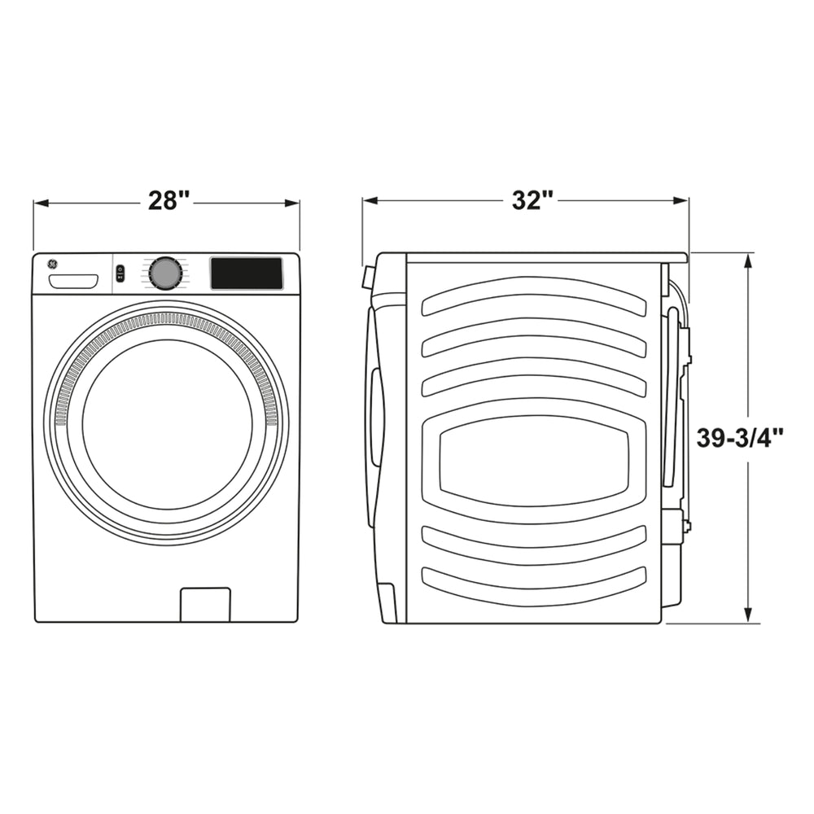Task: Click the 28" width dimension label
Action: [168, 200]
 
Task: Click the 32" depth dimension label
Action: [532, 200]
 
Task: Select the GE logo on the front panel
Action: [51, 265]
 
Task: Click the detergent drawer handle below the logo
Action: [73, 282]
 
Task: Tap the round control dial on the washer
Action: [165, 274]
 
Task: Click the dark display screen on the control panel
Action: [247, 274]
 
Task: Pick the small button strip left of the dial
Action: [120, 274]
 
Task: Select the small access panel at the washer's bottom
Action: [205, 604]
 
